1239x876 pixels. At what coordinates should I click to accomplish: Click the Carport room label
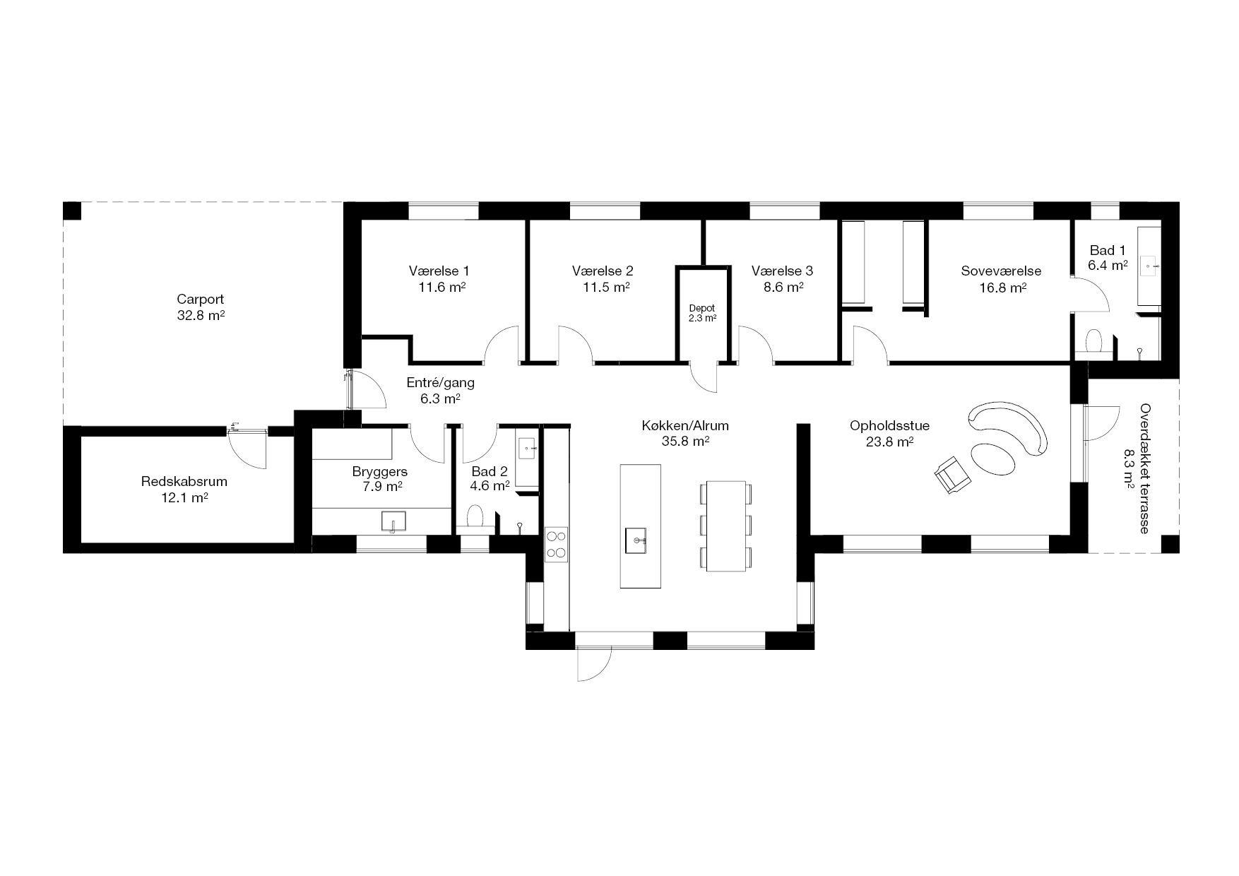tap(200, 300)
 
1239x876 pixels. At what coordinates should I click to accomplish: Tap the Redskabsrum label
tap(184, 482)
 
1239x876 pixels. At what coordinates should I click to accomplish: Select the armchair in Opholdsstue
tap(952, 473)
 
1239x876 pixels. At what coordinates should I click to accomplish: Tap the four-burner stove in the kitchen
tap(557, 545)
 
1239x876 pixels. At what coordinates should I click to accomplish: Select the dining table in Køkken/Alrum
tap(725, 526)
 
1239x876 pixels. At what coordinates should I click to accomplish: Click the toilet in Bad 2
tap(475, 515)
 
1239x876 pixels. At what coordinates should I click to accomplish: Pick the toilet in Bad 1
tap(1093, 341)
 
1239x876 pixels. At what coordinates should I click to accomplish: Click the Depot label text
tap(702, 308)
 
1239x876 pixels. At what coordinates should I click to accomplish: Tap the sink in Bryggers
tap(393, 521)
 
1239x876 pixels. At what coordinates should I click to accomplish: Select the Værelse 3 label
tap(782, 271)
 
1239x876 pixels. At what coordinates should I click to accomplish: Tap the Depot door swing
tap(705, 380)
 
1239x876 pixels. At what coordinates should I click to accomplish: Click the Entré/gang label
tap(441, 383)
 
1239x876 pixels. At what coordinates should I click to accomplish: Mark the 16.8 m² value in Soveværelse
tap(1002, 288)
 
